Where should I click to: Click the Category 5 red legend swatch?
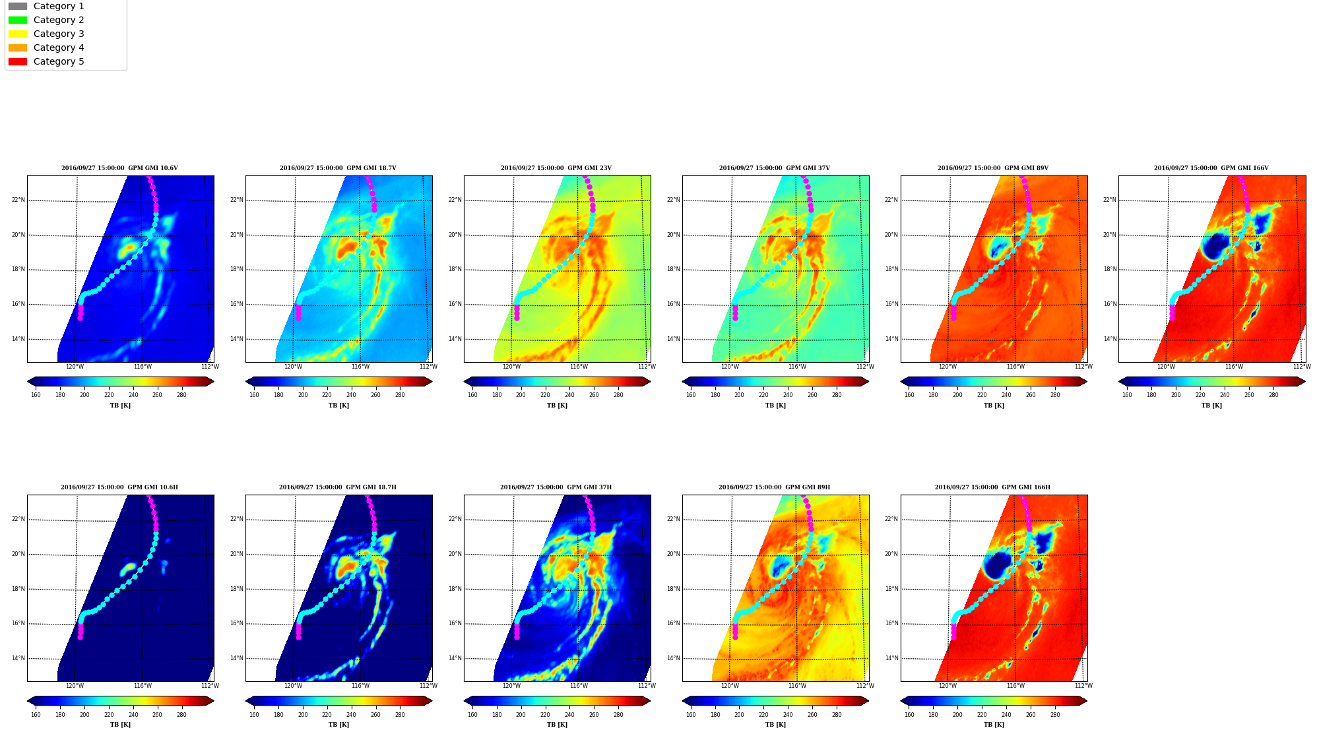[x=18, y=61]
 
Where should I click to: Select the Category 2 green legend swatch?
[x=18, y=20]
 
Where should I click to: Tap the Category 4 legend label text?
[x=59, y=47]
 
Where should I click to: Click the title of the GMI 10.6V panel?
[x=119, y=168]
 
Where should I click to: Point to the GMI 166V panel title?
[x=1211, y=168]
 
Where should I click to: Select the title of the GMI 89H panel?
[x=774, y=487]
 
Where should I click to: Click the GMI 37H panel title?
[x=556, y=487]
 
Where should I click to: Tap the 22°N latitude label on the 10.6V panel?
[x=18, y=200]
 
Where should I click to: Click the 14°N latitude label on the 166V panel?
[x=1110, y=339]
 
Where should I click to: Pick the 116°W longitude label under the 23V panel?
[x=579, y=367]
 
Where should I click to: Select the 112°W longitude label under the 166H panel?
[x=1083, y=686]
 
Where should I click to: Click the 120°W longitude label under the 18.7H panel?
[x=293, y=686]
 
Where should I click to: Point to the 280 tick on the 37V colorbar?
[x=837, y=395]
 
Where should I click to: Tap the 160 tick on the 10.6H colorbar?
[x=36, y=714]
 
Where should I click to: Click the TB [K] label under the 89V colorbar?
[x=994, y=406]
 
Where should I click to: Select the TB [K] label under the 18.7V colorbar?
[x=338, y=406]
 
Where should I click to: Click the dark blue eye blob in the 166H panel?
[x=997, y=566]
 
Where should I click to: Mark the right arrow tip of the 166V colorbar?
[x=1305, y=381]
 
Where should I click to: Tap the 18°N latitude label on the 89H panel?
[x=673, y=589]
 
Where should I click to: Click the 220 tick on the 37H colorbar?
[x=545, y=714]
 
